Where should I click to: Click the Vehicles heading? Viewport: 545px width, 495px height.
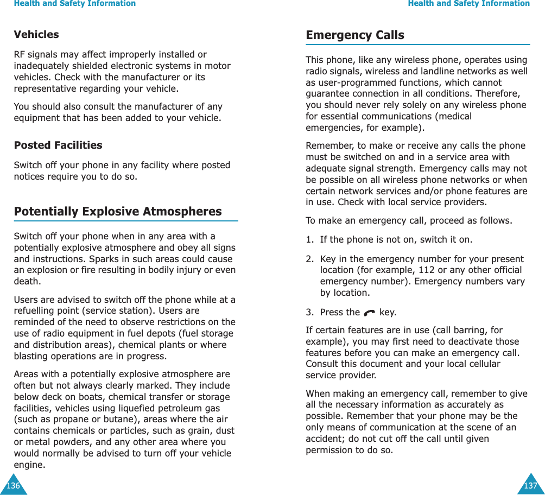[x=36, y=34]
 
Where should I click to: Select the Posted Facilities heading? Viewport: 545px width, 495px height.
[x=58, y=145]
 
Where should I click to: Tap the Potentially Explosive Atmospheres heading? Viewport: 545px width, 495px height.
[x=118, y=211]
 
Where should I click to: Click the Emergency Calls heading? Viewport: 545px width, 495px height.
[x=354, y=35]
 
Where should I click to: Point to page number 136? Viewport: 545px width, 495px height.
[x=12, y=486]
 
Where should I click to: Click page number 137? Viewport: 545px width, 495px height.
[x=530, y=486]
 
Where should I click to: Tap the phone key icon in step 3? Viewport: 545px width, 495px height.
[x=370, y=313]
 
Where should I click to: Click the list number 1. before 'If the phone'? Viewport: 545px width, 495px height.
[x=309, y=239]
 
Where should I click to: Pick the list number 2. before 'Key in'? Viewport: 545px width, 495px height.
[x=309, y=259]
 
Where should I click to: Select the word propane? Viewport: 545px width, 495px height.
[x=67, y=419]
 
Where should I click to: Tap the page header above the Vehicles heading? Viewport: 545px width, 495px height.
[x=74, y=4]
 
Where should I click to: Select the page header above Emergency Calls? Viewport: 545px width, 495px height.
[x=468, y=4]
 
